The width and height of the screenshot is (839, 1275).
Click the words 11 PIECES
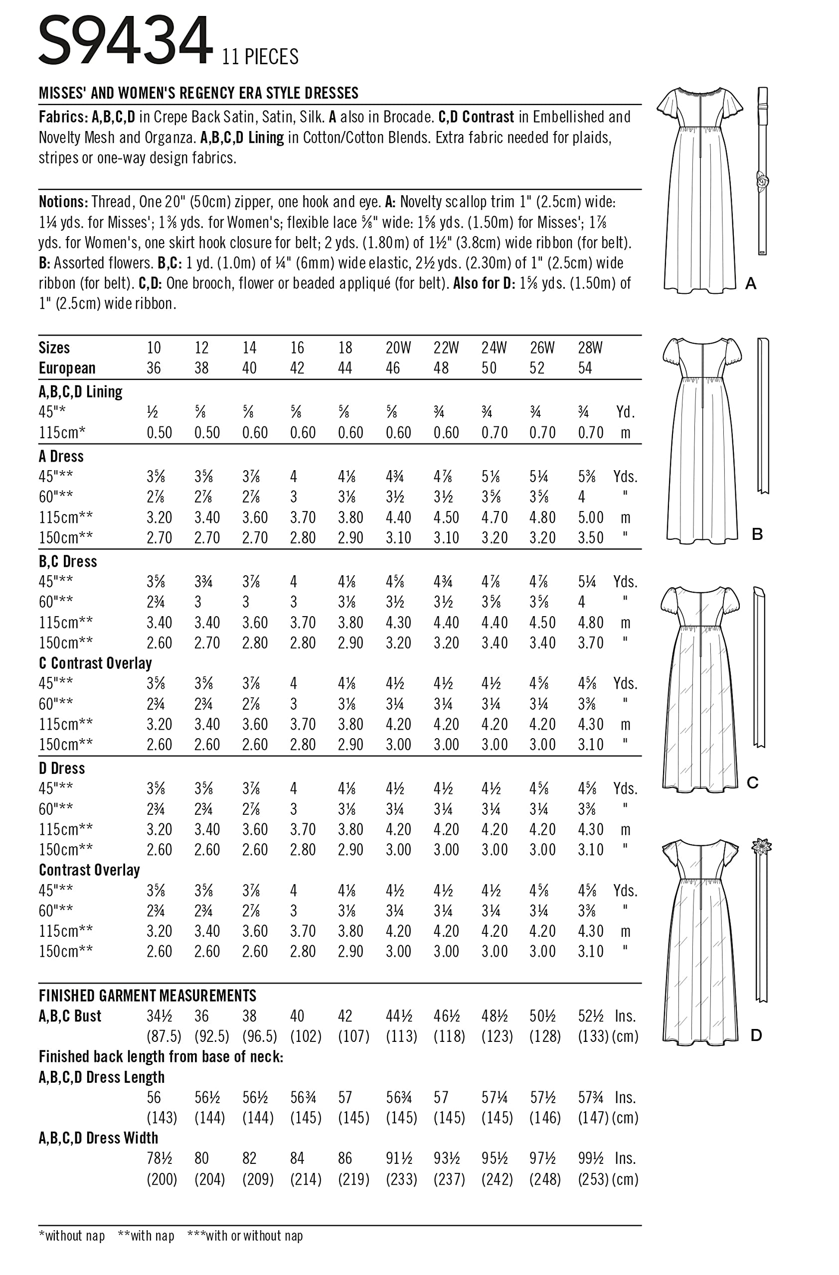(x=260, y=57)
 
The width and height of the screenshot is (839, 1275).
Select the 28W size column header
(x=590, y=348)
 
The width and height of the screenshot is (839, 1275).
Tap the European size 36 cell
(x=154, y=368)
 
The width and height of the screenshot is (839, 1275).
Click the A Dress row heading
(x=61, y=456)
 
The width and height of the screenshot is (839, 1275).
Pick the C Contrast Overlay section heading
(x=95, y=663)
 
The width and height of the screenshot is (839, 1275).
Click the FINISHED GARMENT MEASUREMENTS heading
(x=148, y=996)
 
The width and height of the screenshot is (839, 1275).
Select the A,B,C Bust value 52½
(x=591, y=1016)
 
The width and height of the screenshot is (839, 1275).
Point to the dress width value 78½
(x=159, y=1159)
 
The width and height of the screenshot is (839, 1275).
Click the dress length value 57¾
(x=590, y=1098)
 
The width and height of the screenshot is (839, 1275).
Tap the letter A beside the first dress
(x=751, y=283)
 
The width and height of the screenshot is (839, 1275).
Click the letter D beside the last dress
(x=756, y=1035)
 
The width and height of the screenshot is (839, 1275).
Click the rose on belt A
(x=762, y=181)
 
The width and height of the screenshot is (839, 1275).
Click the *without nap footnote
(x=72, y=1236)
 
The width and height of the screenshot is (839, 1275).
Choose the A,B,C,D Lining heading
(x=80, y=392)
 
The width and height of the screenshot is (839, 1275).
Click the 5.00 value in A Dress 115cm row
(x=590, y=517)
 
